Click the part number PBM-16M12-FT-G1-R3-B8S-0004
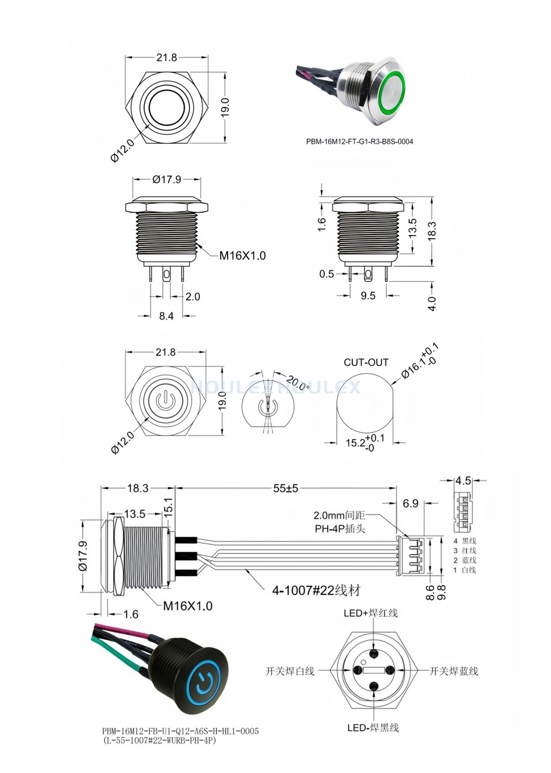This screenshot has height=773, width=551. tap(360, 141)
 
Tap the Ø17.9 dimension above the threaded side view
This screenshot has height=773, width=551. tap(167, 179)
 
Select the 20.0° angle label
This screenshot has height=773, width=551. tap(298, 382)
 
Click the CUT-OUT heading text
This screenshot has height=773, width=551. tap(366, 362)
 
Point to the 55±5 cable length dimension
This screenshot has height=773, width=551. tap(286, 488)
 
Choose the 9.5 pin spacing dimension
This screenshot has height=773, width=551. tap(368, 296)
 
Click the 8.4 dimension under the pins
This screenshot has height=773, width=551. tap(166, 316)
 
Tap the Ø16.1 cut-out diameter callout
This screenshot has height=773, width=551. tap(419, 361)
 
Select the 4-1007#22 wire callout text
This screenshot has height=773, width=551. tap(316, 590)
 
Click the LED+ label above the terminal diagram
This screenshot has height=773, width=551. tap(370, 613)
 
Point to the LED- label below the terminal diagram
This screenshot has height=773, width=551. tap(373, 728)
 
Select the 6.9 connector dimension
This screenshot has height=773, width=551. tap(410, 503)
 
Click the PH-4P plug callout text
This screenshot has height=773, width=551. tap(340, 528)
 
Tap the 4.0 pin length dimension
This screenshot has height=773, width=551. tap(432, 304)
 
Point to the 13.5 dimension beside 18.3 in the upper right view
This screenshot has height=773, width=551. tap(412, 228)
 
